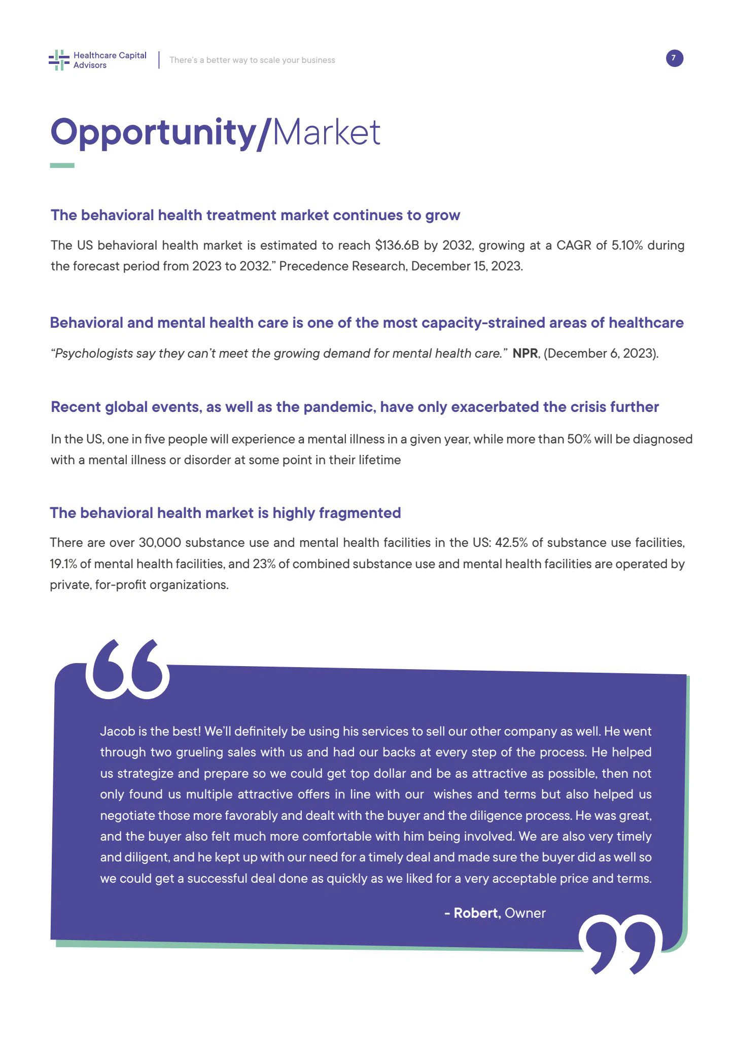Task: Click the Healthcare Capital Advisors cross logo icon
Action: [x=59, y=60]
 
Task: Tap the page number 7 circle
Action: [x=674, y=58]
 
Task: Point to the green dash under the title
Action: [x=62, y=165]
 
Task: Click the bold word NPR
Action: [x=525, y=354]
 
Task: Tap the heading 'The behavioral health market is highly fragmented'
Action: [x=225, y=513]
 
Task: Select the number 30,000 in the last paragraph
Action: [x=160, y=543]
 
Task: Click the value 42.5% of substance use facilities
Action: [x=511, y=543]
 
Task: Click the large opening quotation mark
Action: [x=127, y=669]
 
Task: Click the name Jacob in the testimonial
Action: [x=117, y=732]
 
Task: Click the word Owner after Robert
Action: [x=526, y=913]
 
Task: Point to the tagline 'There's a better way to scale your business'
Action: [x=252, y=60]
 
